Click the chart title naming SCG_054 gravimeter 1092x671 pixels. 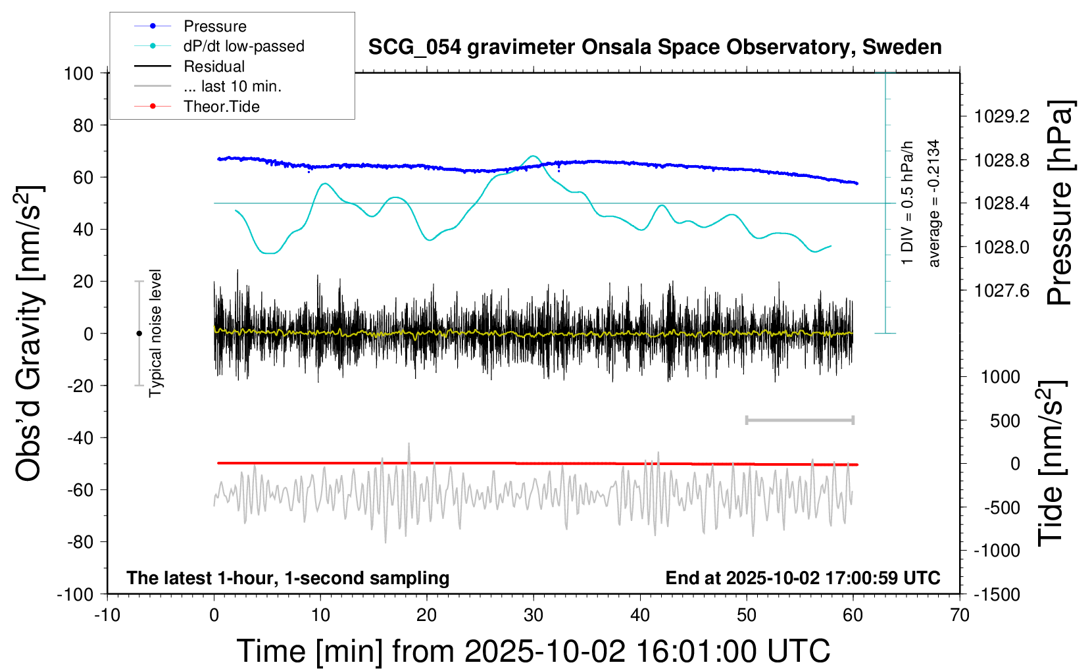(x=655, y=47)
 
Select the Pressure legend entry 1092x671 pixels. (x=214, y=26)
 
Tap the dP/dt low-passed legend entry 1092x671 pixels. (x=243, y=46)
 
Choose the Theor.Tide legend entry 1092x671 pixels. (x=221, y=107)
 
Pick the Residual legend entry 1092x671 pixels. (x=214, y=66)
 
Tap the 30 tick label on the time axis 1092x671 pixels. (x=534, y=616)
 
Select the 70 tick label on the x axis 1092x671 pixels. (x=960, y=616)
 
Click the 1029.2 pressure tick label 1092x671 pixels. (x=1002, y=116)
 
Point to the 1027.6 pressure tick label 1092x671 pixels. (x=1002, y=291)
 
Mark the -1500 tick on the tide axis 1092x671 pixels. (x=997, y=595)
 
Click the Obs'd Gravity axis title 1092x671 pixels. (x=30, y=334)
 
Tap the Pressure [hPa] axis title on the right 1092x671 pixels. (x=1060, y=203)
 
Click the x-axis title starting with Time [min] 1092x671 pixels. (x=534, y=651)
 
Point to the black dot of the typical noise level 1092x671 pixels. (x=139, y=334)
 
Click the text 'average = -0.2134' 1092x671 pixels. (x=934, y=203)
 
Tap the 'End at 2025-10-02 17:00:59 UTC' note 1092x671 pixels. (x=803, y=578)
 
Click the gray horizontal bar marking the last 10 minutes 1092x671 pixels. (x=799, y=420)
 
